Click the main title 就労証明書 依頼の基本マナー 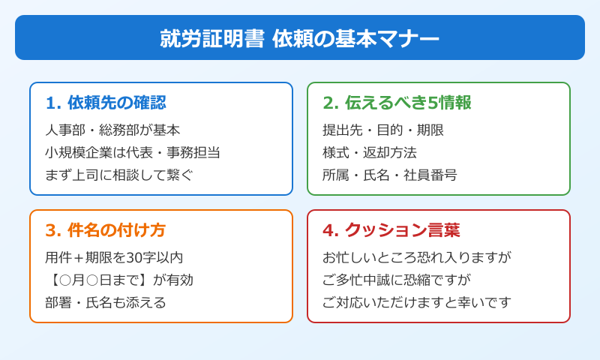tap(300, 38)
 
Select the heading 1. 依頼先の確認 tap(106, 103)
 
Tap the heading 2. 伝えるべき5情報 tap(397, 103)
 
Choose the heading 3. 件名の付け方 tap(106, 230)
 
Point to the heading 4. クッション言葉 tap(391, 230)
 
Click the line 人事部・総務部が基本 tap(112, 130)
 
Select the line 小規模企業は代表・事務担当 tap(133, 152)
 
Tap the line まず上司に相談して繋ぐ tap(119, 175)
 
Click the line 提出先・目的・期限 tap(383, 130)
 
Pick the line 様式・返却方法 tap(370, 152)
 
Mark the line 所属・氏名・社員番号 tap(390, 175)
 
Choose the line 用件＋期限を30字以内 tap(114, 257)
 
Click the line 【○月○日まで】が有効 tap(119, 280)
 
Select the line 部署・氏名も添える tap(106, 302)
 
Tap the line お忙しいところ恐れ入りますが tap(417, 257)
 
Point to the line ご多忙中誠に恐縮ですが tap(397, 280)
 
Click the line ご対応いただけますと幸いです tap(417, 302)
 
